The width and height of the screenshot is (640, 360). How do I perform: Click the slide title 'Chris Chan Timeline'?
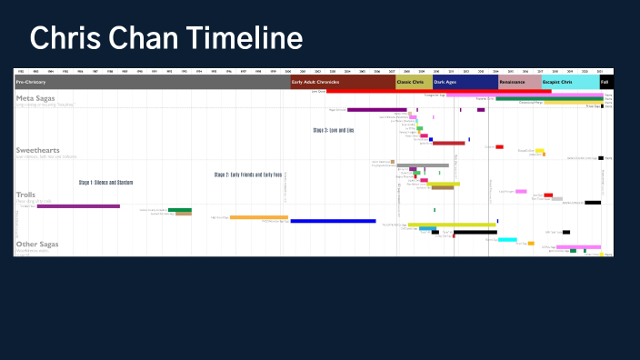point(165,38)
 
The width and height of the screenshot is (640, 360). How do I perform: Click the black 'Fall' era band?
point(605,82)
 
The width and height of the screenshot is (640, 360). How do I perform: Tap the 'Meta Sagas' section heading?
point(38,96)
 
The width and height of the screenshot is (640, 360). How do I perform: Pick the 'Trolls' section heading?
point(26,195)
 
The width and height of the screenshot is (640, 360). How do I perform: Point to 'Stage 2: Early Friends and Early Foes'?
point(248,175)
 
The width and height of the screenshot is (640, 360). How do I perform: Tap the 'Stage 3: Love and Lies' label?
point(334,130)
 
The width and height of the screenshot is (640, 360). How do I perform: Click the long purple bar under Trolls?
point(78,206)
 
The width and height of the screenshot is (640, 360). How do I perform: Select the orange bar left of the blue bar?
point(258,217)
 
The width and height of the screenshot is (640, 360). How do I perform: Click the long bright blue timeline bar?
point(333,221)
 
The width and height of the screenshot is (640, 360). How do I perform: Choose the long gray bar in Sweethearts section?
point(423,165)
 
